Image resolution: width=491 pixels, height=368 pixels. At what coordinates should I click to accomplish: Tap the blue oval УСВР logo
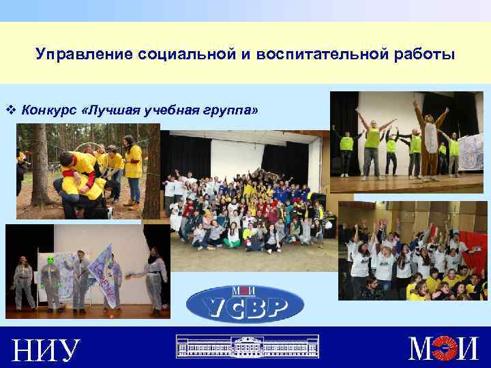point(245,303)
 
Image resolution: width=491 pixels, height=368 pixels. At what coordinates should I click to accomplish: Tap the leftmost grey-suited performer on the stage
point(23,279)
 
